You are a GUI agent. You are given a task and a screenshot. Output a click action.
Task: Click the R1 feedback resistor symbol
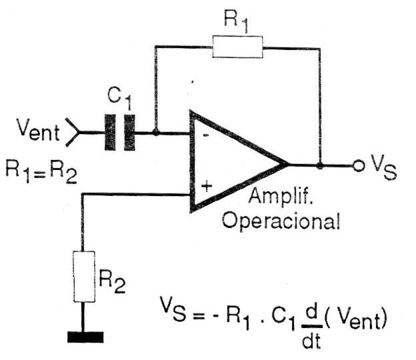coord(238,46)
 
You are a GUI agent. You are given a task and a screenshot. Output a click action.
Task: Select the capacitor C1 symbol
coord(119,133)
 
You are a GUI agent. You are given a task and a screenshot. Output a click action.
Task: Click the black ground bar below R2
coord(86,337)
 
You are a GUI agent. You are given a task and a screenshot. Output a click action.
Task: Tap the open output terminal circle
coord(359,165)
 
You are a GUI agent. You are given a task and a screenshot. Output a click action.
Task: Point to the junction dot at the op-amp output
coord(321,165)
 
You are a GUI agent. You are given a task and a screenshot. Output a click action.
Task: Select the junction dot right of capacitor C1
coord(155,133)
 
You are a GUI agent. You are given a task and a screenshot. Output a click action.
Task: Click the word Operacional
coord(280,221)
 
